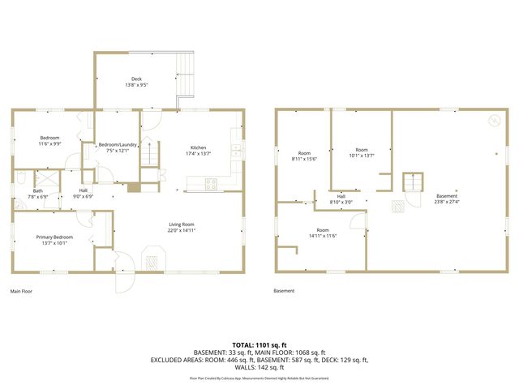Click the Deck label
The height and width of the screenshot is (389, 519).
click(136, 79)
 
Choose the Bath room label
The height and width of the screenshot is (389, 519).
click(38, 190)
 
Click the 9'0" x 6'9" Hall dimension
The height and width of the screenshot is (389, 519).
click(84, 196)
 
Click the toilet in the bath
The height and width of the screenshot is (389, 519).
click(19, 177)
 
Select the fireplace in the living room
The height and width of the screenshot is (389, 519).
click(150, 261)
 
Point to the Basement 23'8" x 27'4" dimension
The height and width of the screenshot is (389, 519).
click(446, 202)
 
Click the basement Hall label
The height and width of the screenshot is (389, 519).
click(341, 196)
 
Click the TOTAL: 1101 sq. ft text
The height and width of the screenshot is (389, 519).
click(259, 344)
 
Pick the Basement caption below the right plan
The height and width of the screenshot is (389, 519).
click(284, 291)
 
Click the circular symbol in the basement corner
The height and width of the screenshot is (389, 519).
click(491, 122)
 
